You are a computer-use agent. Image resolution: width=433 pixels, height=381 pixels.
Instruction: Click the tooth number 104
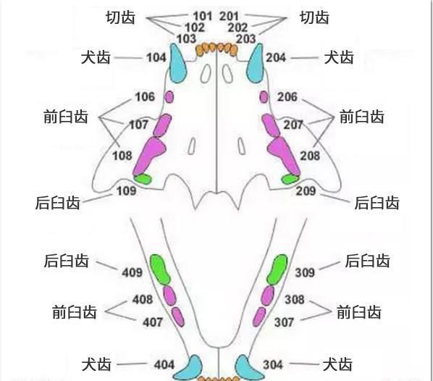[x=156, y=58]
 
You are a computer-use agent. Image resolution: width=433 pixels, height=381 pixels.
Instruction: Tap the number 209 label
[x=306, y=191]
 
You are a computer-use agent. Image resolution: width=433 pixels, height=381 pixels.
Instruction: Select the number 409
[x=133, y=272]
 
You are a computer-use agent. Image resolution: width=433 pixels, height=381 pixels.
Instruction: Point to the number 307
[x=284, y=322]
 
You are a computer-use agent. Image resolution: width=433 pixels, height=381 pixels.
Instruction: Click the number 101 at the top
[x=203, y=16]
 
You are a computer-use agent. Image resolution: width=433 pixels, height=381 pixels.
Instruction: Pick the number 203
[x=245, y=38]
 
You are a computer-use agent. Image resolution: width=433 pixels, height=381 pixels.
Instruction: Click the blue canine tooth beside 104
[x=177, y=63]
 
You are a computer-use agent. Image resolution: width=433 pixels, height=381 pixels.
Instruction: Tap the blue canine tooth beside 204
[x=256, y=63]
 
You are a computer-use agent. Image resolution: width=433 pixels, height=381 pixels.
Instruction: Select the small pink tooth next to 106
[x=169, y=97]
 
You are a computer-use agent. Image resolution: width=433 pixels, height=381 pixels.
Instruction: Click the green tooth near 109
[x=143, y=179]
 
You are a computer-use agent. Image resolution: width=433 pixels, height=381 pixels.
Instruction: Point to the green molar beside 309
[x=277, y=269]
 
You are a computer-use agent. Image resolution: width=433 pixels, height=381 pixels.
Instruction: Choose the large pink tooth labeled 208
[x=284, y=156]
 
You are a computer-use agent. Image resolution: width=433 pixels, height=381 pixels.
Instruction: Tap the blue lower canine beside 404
[x=188, y=368]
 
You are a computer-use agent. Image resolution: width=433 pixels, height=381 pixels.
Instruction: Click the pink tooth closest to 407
[x=178, y=317]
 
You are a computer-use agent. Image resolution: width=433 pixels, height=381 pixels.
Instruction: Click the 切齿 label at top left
[x=121, y=17]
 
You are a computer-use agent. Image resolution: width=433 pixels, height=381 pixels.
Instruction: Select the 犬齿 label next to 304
[x=337, y=364]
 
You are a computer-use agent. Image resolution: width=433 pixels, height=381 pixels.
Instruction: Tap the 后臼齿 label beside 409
[x=67, y=261]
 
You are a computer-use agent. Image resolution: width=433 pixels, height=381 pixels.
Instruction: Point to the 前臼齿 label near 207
[x=362, y=117]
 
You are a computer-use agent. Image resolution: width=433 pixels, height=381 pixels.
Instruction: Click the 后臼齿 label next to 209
[x=377, y=203]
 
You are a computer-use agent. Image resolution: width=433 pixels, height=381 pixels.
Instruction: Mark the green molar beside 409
[x=160, y=269]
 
